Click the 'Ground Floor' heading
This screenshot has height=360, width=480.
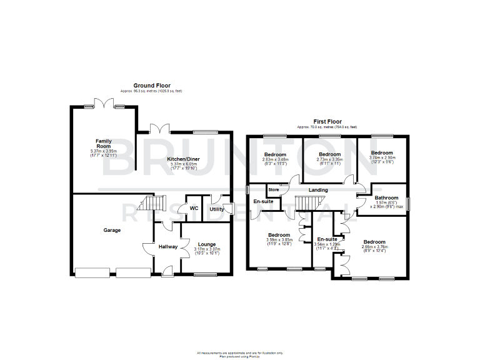152,86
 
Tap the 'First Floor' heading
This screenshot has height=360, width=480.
327,122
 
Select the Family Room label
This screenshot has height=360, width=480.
103,144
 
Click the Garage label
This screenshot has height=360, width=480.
112,231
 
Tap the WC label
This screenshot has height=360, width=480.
194,208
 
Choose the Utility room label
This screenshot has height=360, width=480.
217,209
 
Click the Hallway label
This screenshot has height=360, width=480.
167,247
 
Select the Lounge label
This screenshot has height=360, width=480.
206,244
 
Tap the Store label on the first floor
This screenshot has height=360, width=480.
274,189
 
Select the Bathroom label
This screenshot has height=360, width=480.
387,197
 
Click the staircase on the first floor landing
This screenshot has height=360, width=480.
307,203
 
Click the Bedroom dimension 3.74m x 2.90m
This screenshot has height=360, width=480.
382,158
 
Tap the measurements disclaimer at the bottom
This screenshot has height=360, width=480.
240,353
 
